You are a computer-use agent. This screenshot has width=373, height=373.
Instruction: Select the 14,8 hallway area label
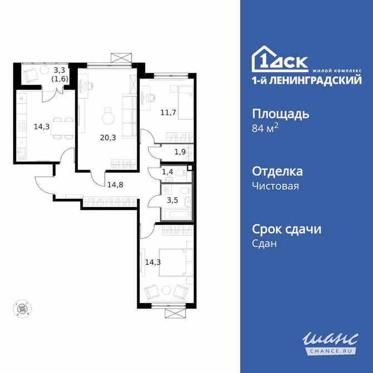(x=116, y=185)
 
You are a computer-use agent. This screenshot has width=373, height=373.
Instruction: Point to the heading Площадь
(x=281, y=114)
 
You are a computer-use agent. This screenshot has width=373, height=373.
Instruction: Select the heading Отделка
(x=278, y=171)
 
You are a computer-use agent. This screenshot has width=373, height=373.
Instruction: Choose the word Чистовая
(x=276, y=186)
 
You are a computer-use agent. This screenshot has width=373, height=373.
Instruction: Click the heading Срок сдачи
(x=287, y=229)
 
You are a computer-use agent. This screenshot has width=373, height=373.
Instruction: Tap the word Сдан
(x=264, y=243)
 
